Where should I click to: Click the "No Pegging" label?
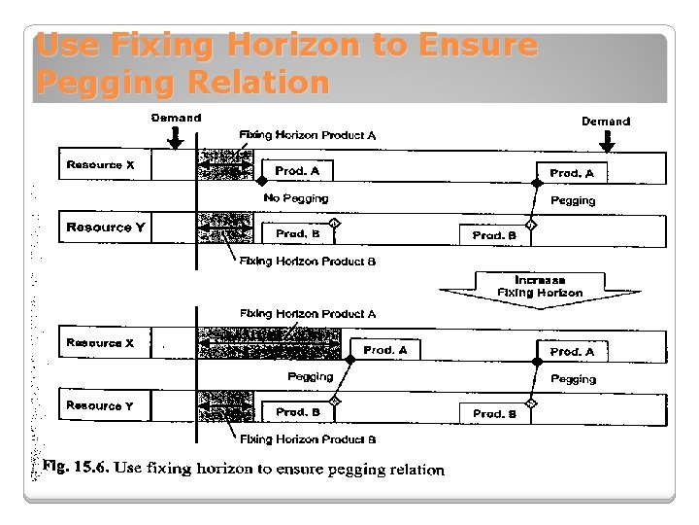click(x=296, y=198)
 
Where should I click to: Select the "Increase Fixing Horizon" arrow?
click(x=540, y=288)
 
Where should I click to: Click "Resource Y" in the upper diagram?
click(x=106, y=227)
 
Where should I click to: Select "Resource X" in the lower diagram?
click(x=101, y=343)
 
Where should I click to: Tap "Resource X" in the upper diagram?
click(x=101, y=165)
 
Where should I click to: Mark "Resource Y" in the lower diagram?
click(x=101, y=405)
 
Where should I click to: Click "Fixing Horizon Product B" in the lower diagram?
click(x=308, y=439)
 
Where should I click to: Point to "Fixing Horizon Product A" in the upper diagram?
click(x=308, y=135)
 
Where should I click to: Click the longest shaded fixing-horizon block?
click(x=269, y=344)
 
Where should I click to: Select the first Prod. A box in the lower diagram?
click(x=385, y=350)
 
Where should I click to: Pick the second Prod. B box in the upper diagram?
click(x=494, y=235)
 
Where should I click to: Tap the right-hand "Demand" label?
click(x=606, y=122)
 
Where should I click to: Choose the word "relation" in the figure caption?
click(x=416, y=470)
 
